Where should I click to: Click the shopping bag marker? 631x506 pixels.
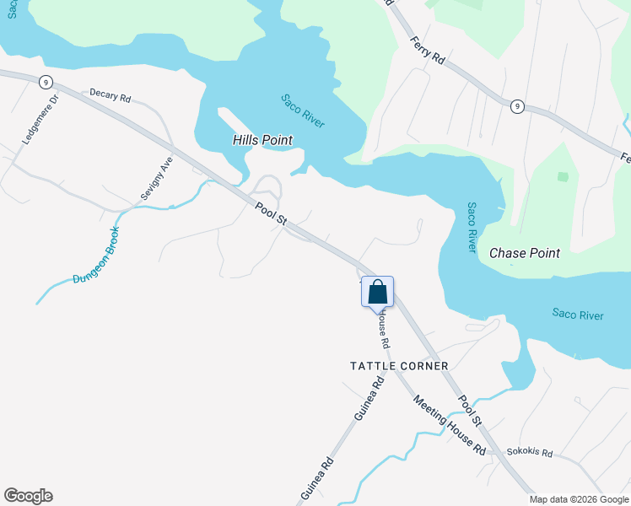pos(378,292)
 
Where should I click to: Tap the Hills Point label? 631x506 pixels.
pos(262,140)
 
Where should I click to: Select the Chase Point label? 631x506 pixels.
pos(524,253)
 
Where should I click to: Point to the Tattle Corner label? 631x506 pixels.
pos(399,366)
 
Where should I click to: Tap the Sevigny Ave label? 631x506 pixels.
pos(156,177)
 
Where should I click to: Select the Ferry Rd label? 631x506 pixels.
pos(427,50)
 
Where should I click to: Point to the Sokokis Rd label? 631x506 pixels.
pos(530,453)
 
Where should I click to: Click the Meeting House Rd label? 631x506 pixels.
pos(449,426)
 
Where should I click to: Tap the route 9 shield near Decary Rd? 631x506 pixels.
pos(46,82)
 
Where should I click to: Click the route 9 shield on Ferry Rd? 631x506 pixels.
pos(517,106)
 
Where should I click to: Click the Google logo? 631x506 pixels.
pos(28,496)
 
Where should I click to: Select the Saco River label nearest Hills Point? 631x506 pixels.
pos(302,111)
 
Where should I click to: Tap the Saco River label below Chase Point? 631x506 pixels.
pos(578,315)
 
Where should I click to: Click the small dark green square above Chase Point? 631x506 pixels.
pos(563,177)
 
